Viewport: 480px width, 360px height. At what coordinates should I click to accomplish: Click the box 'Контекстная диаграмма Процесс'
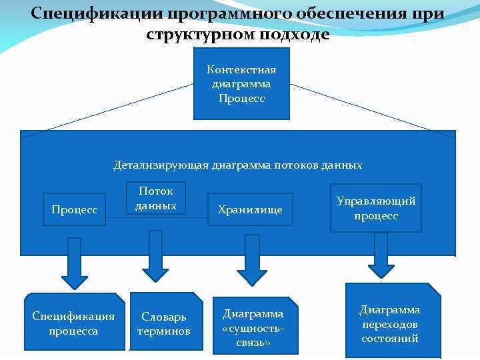click(x=241, y=83)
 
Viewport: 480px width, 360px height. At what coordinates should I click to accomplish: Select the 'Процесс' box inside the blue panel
click(x=75, y=209)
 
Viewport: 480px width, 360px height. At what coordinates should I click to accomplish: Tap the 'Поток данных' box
click(x=156, y=199)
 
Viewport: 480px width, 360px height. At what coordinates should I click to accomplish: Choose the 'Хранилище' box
click(x=250, y=209)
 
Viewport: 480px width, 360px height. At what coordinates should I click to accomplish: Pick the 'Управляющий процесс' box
click(x=376, y=208)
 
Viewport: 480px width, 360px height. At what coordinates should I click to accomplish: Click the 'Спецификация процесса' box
click(x=74, y=323)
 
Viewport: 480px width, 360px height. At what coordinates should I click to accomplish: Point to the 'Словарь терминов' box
click(x=165, y=323)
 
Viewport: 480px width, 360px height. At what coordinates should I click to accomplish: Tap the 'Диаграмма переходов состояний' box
click(x=391, y=323)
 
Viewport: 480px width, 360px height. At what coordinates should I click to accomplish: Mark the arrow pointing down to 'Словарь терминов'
click(x=155, y=257)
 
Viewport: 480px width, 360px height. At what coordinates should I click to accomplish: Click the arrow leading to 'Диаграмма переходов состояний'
click(x=381, y=255)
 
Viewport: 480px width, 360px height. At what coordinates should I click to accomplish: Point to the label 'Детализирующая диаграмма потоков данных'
click(x=238, y=165)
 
